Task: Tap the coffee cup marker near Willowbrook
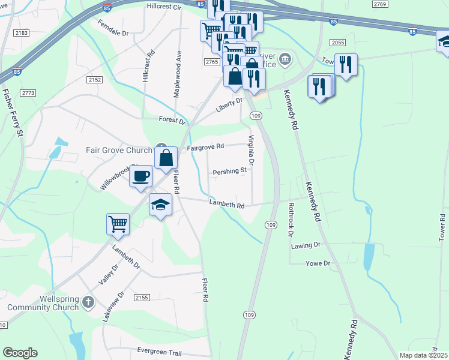click(x=141, y=176)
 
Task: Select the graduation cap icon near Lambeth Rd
click(x=160, y=205)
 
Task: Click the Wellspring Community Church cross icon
click(x=88, y=301)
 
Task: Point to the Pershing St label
click(x=230, y=171)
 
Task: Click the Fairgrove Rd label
click(x=205, y=146)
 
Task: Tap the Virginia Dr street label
click(x=252, y=150)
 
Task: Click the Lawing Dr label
click(x=307, y=245)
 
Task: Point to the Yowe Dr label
click(x=318, y=263)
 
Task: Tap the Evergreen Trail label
click(x=158, y=351)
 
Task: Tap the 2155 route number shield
click(x=142, y=297)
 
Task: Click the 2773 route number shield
click(x=28, y=93)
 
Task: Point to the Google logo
click(x=20, y=353)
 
